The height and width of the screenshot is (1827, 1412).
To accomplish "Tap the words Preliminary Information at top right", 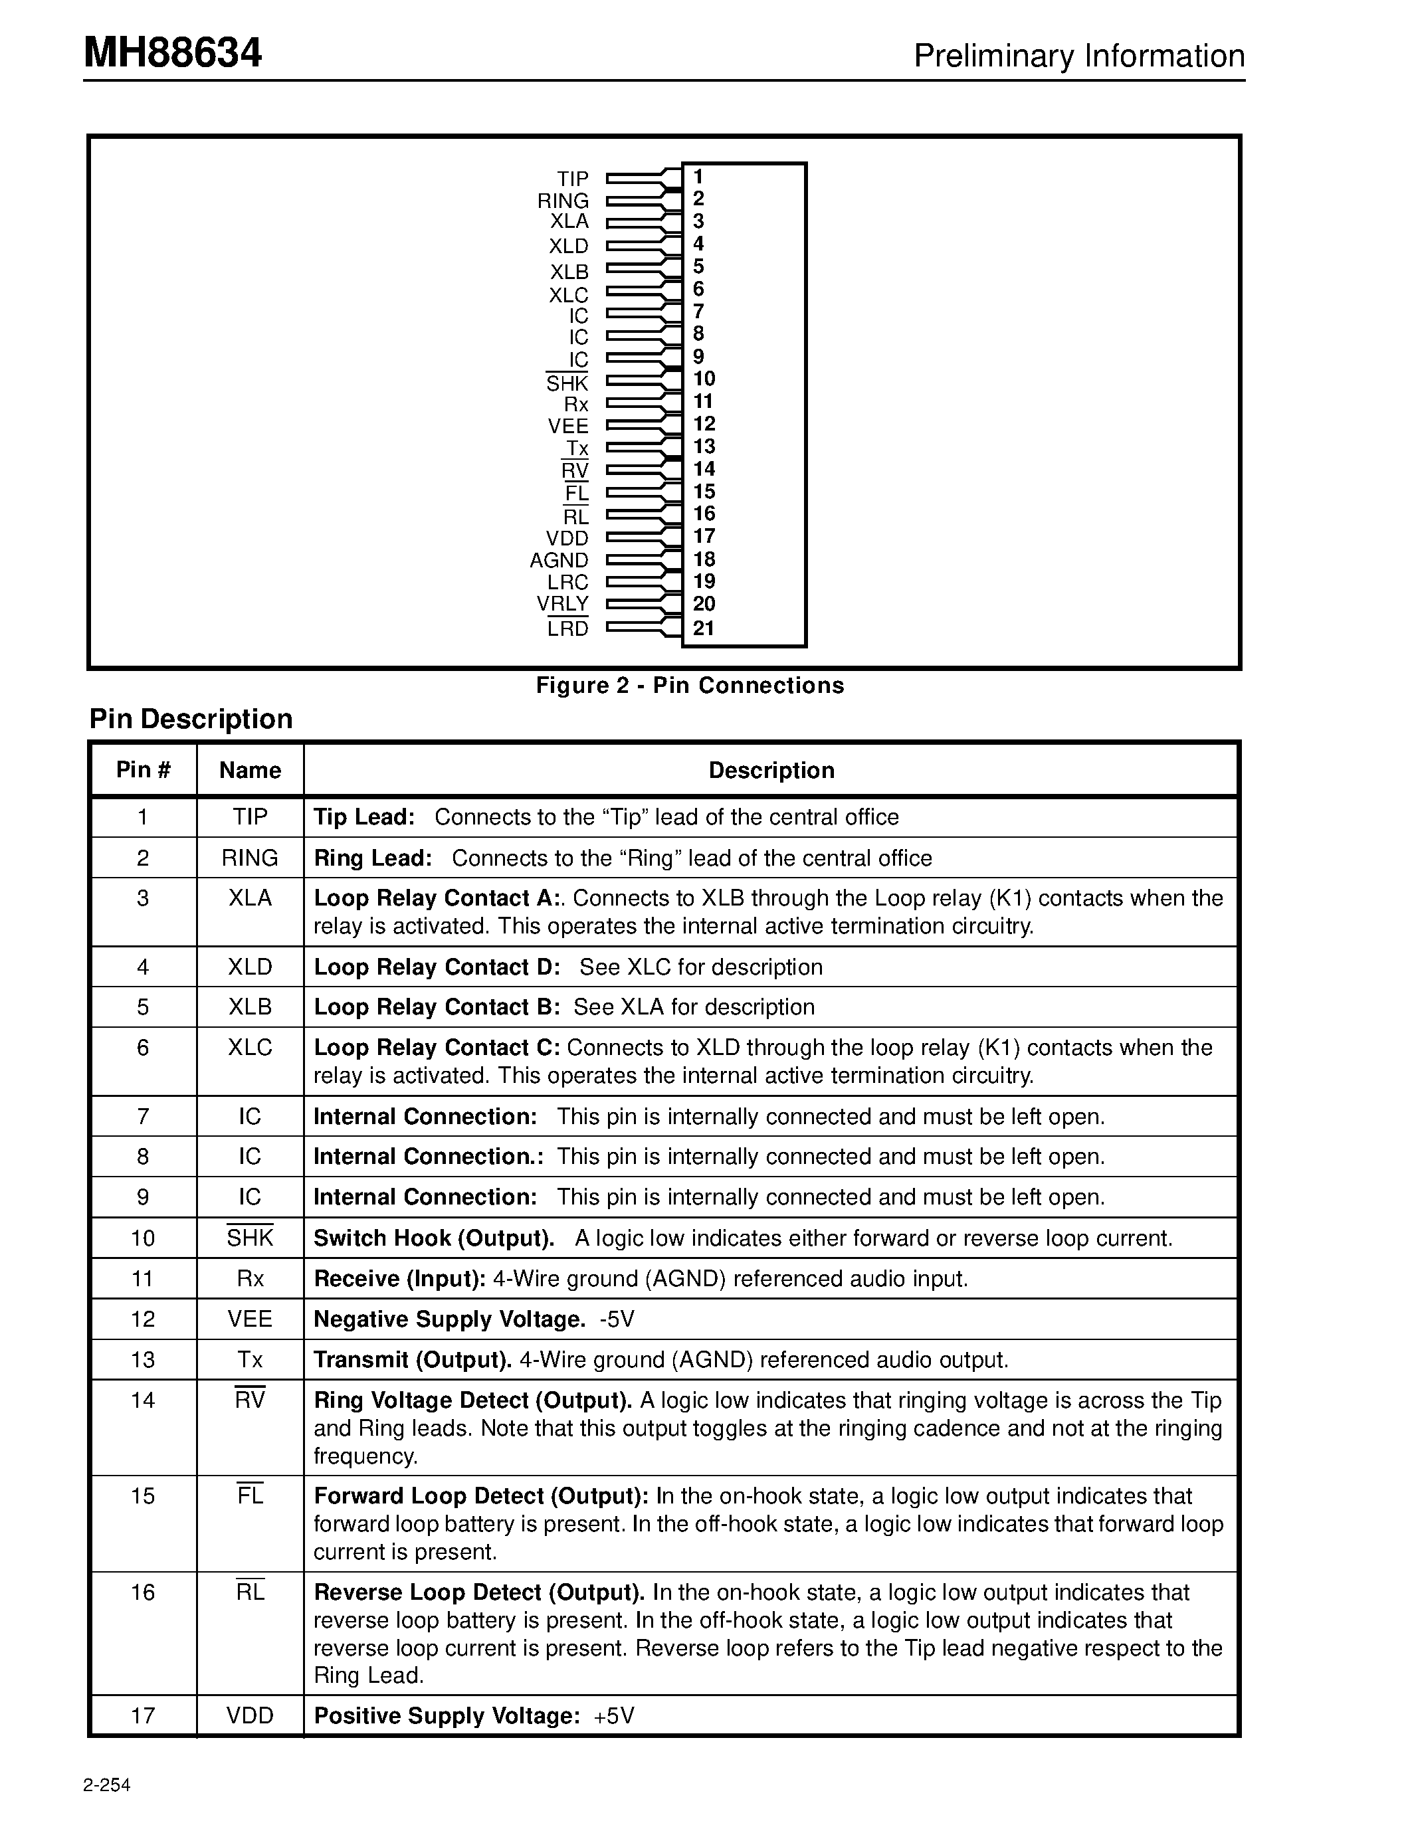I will [x=1078, y=56].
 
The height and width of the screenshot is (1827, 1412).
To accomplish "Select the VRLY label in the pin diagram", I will [x=562, y=603].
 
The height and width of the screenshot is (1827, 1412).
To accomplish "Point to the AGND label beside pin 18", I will [x=559, y=559].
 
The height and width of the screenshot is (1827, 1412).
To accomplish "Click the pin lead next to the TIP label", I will [x=636, y=177].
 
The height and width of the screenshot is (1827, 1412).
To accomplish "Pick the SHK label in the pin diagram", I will [x=567, y=383].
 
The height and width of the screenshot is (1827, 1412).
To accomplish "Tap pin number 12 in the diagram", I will [x=704, y=423].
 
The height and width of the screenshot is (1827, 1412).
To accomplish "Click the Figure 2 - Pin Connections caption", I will [x=689, y=685].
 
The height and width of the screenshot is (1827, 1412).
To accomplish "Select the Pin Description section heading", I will [x=191, y=719].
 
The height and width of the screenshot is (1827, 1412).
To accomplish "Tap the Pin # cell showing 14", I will [x=143, y=1400].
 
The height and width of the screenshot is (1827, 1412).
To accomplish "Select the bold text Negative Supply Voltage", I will [x=449, y=1319].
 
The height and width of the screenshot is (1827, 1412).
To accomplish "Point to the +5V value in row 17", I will [x=614, y=1716].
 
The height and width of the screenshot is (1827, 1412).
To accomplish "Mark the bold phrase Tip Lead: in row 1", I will [x=364, y=817].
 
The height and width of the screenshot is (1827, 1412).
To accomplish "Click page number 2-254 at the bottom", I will [x=107, y=1784].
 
